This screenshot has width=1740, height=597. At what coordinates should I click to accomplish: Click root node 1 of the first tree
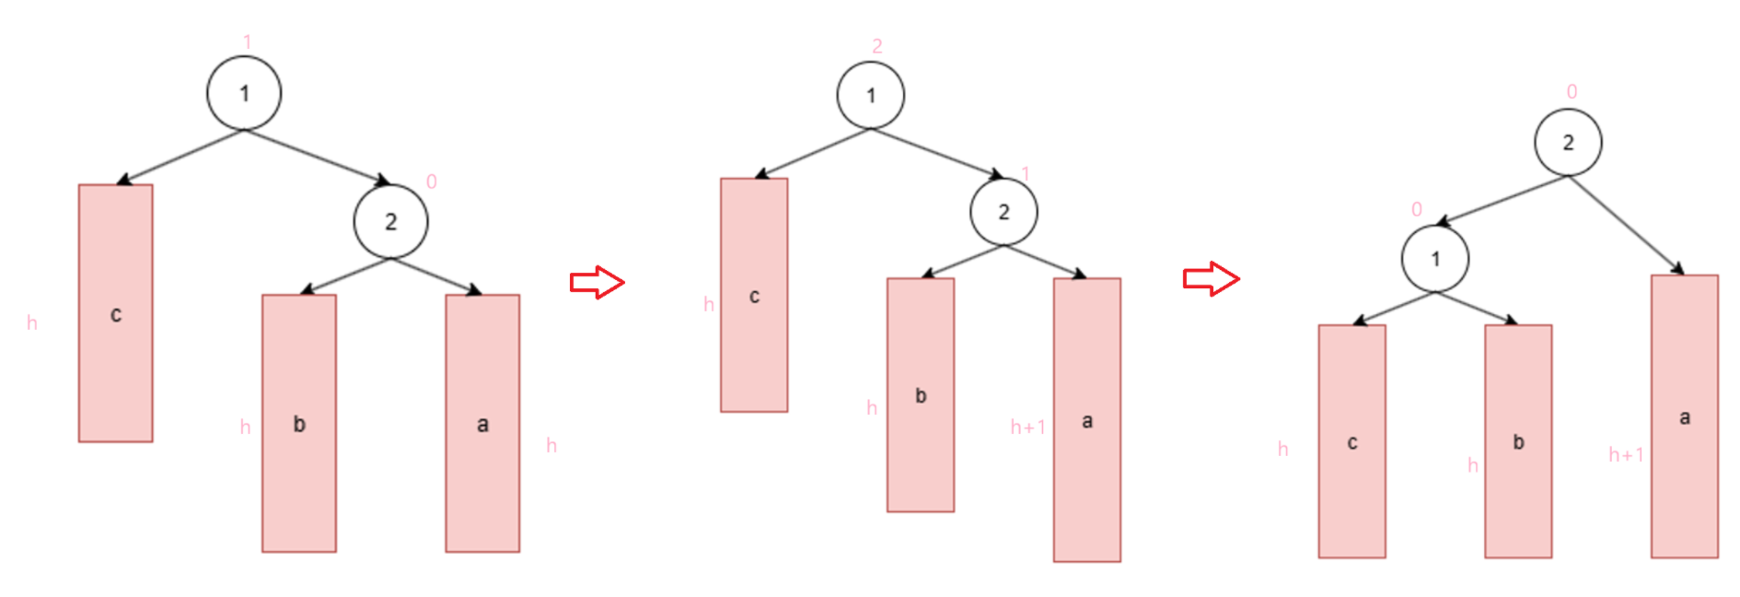tap(244, 93)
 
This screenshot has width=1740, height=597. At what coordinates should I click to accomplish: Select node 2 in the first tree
tap(390, 221)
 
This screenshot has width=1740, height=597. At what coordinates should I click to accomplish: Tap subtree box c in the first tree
tap(116, 313)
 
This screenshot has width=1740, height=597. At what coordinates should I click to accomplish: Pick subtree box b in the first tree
tap(299, 423)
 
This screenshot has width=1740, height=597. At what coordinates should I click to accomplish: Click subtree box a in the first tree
tap(482, 423)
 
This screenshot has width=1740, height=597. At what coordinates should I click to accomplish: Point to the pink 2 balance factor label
tap(877, 46)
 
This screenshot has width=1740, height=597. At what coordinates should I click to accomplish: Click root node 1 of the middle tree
tap(871, 95)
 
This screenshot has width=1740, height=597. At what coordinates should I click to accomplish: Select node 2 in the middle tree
tap(1003, 212)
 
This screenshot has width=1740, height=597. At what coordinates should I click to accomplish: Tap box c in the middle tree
tap(754, 295)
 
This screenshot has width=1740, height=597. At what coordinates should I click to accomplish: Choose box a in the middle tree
tap(1087, 419)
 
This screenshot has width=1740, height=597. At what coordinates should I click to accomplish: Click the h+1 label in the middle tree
tap(1027, 427)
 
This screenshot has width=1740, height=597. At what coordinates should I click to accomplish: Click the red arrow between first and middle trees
tap(597, 282)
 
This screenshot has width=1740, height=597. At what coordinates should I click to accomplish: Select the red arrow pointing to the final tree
tap(1211, 278)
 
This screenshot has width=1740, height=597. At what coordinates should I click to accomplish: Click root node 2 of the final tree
tap(1568, 142)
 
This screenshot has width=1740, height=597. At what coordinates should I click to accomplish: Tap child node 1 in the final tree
tap(1435, 259)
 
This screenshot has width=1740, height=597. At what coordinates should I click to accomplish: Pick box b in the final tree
tap(1518, 440)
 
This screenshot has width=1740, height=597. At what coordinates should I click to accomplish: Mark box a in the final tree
tap(1685, 416)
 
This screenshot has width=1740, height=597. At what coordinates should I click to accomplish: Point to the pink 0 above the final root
tap(1572, 92)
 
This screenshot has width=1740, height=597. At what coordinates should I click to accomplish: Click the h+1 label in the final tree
tap(1626, 454)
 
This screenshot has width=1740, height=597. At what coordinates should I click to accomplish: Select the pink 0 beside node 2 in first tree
tap(431, 181)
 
